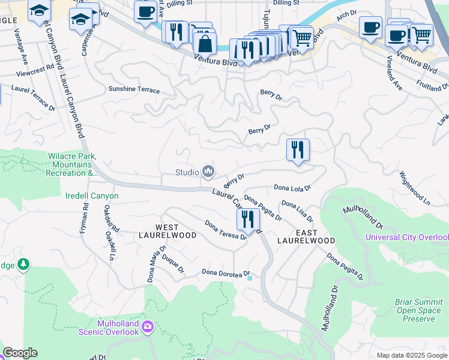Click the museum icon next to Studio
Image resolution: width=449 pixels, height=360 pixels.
[208, 172]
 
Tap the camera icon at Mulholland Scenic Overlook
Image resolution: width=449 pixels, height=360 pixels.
[148, 327]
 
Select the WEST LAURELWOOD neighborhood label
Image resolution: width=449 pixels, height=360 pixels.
[167, 231]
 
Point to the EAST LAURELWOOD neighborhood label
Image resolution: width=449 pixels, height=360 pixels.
[306, 236]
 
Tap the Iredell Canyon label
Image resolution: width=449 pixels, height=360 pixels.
[92, 196]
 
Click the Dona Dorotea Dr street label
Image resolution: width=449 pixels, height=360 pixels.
[225, 274]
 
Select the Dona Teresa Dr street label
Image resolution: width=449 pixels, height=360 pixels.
[226, 230]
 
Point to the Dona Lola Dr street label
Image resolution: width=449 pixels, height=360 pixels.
[292, 188]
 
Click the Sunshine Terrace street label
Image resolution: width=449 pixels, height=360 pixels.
[134, 90]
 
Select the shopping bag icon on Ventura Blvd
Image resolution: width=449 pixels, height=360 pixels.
[205, 43]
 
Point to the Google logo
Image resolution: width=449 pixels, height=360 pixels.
[20, 353]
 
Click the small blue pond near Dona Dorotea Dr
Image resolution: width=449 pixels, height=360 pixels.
[249, 277]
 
